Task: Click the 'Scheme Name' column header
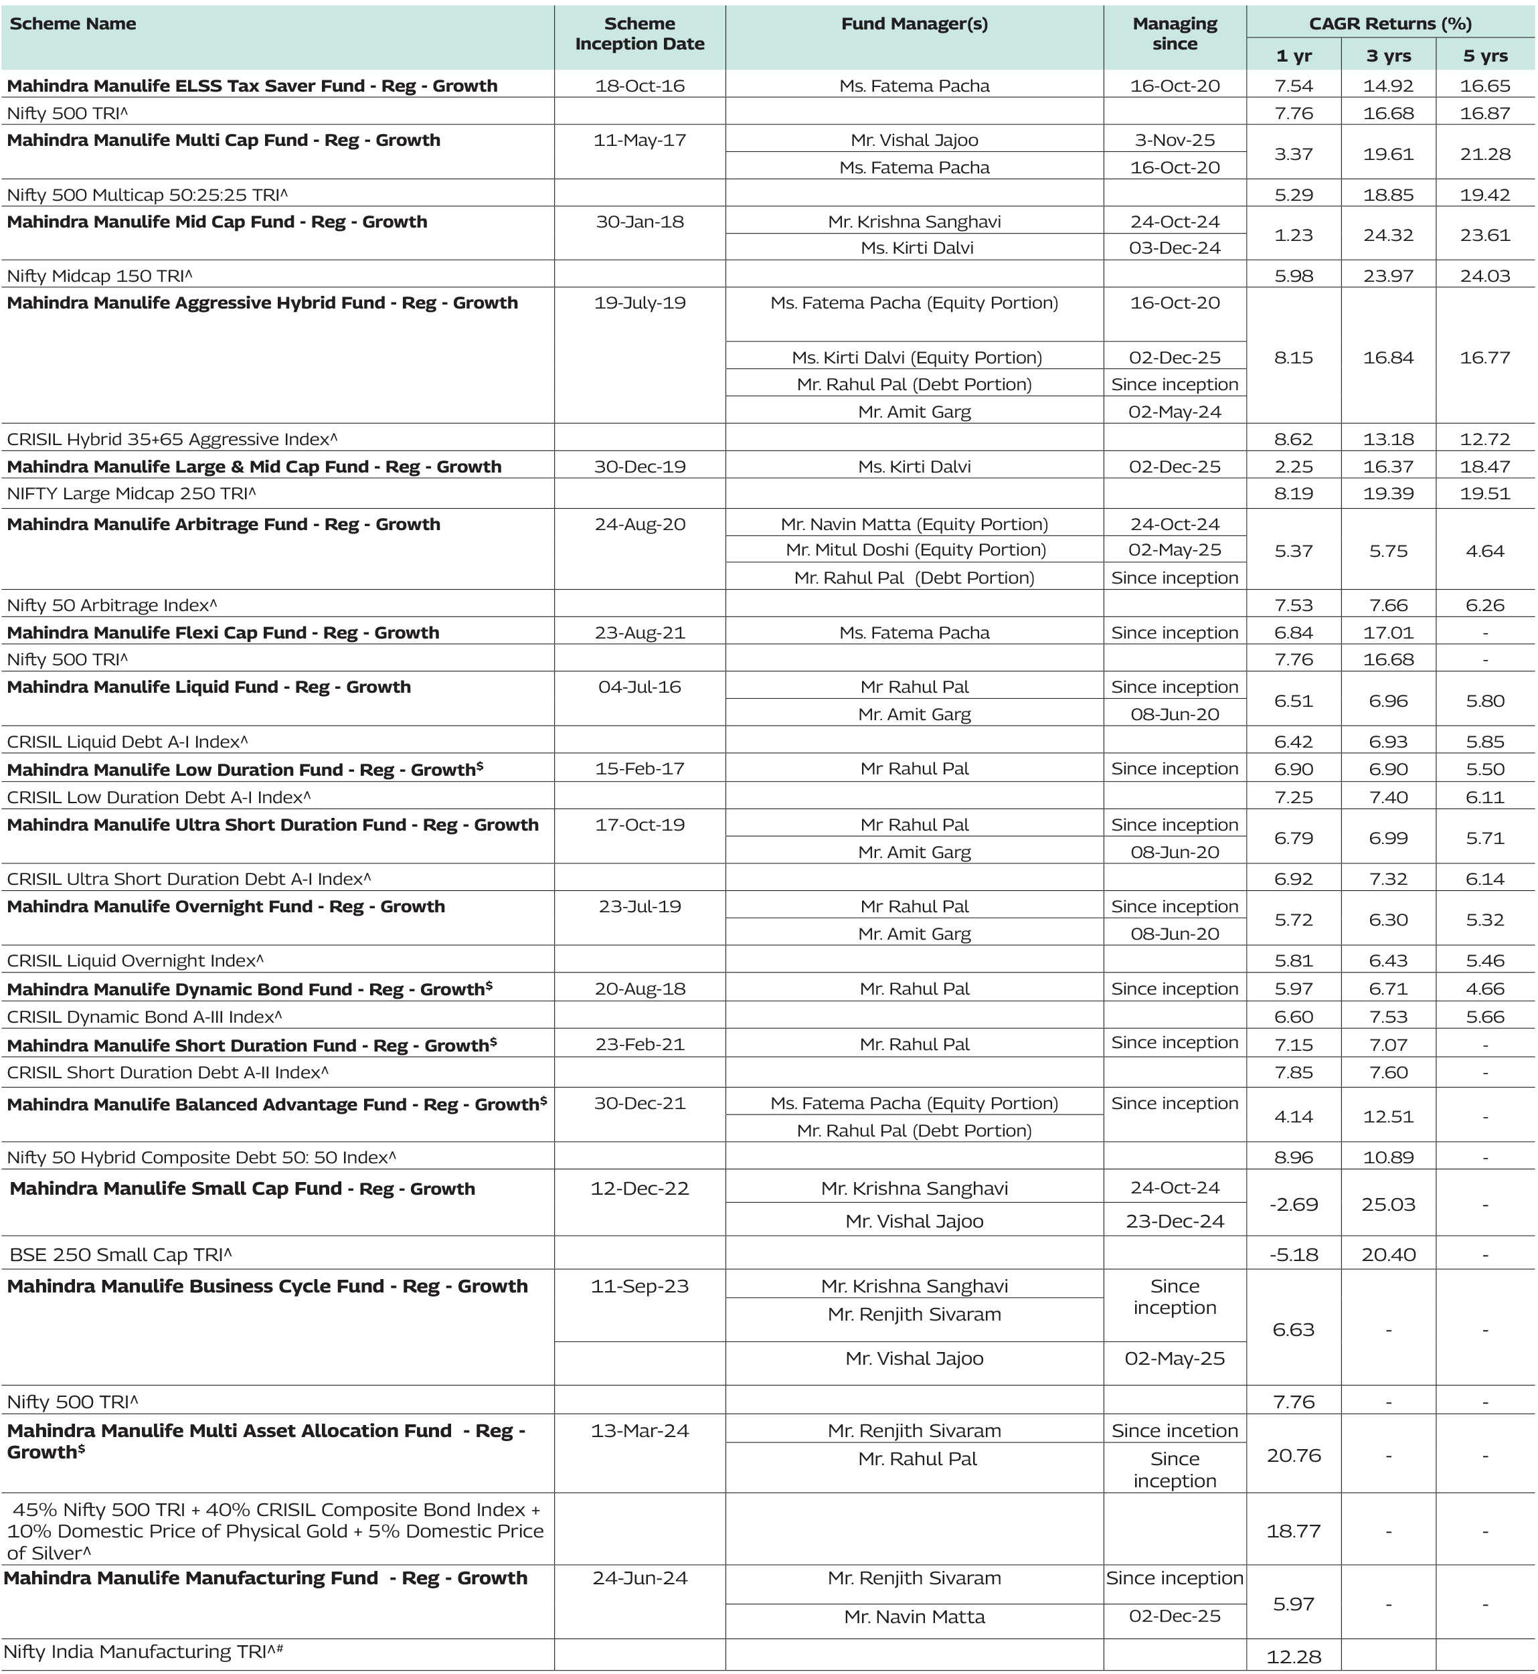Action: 73,24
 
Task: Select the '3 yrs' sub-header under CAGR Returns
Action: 1388,56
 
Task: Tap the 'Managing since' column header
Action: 1175,34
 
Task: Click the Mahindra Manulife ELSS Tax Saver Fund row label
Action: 252,86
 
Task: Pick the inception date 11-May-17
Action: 639,140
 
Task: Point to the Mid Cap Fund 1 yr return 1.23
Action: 1293,235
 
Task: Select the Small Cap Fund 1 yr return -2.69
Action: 1293,1205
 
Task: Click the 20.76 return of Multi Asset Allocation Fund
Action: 1293,1455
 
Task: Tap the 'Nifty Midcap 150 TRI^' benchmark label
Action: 100,276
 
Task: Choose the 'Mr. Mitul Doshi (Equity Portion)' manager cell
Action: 915,550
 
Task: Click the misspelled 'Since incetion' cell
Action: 1175,1431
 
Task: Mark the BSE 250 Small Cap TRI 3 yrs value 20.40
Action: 1388,1254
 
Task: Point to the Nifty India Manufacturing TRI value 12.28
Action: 1293,1657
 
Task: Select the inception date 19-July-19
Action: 639,303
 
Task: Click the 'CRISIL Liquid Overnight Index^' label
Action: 135,960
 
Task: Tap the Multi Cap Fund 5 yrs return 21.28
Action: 1484,154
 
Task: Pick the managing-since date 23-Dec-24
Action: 1175,1221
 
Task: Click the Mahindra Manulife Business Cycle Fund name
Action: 267,1286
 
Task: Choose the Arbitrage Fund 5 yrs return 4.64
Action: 1484,551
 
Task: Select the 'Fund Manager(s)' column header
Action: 915,24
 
